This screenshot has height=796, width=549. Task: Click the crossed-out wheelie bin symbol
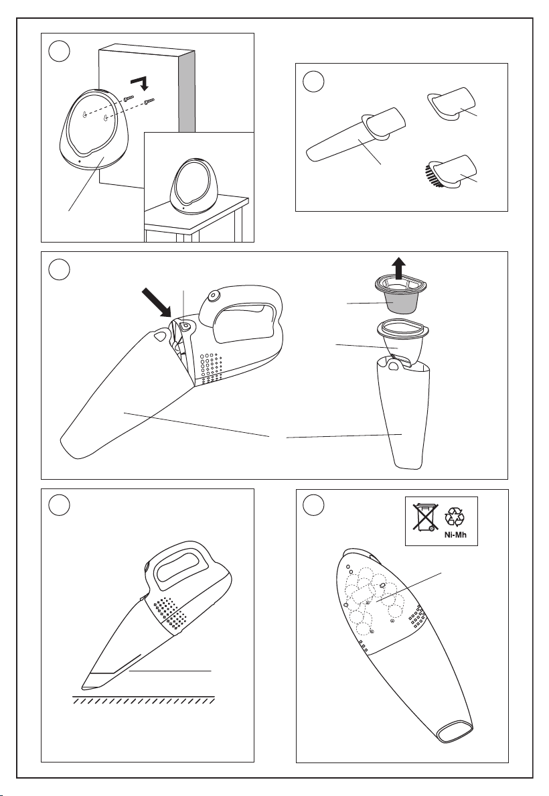coord(424,517)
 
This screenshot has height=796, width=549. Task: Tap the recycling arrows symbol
coord(455,517)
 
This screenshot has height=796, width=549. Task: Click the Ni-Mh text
coord(455,535)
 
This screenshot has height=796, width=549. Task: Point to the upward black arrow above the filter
coord(400,269)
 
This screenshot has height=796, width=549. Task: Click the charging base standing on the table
coord(195,187)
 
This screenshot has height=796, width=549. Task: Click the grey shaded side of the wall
coord(187,89)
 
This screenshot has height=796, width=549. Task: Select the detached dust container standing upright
coord(404,412)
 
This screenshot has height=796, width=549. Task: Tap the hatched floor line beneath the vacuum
coord(144,699)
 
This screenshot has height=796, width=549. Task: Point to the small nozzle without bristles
coord(451,103)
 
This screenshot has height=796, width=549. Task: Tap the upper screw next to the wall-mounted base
coord(129,98)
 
